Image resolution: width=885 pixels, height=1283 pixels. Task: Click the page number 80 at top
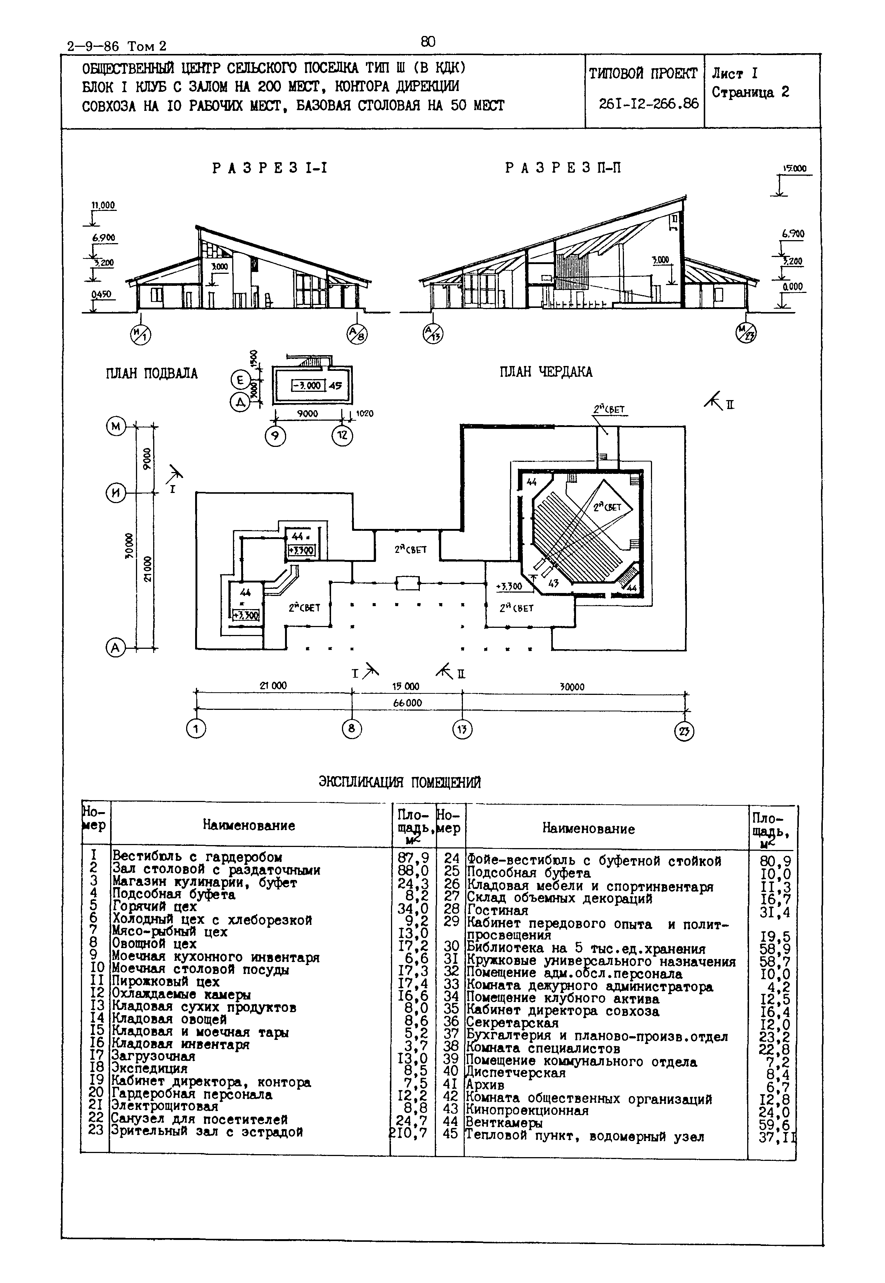point(428,42)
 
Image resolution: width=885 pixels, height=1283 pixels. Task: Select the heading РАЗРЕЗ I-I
point(270,168)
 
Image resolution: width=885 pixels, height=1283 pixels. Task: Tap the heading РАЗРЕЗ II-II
point(563,168)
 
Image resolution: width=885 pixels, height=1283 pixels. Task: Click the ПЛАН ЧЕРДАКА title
point(546,372)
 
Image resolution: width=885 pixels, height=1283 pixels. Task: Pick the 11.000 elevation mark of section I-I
point(103,205)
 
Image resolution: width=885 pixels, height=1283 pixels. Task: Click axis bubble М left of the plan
point(116,426)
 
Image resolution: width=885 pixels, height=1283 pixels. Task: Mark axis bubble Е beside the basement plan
point(240,380)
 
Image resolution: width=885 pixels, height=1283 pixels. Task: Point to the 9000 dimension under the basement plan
point(307,414)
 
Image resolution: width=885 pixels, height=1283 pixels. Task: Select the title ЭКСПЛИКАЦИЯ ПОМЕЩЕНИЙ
point(399,782)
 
